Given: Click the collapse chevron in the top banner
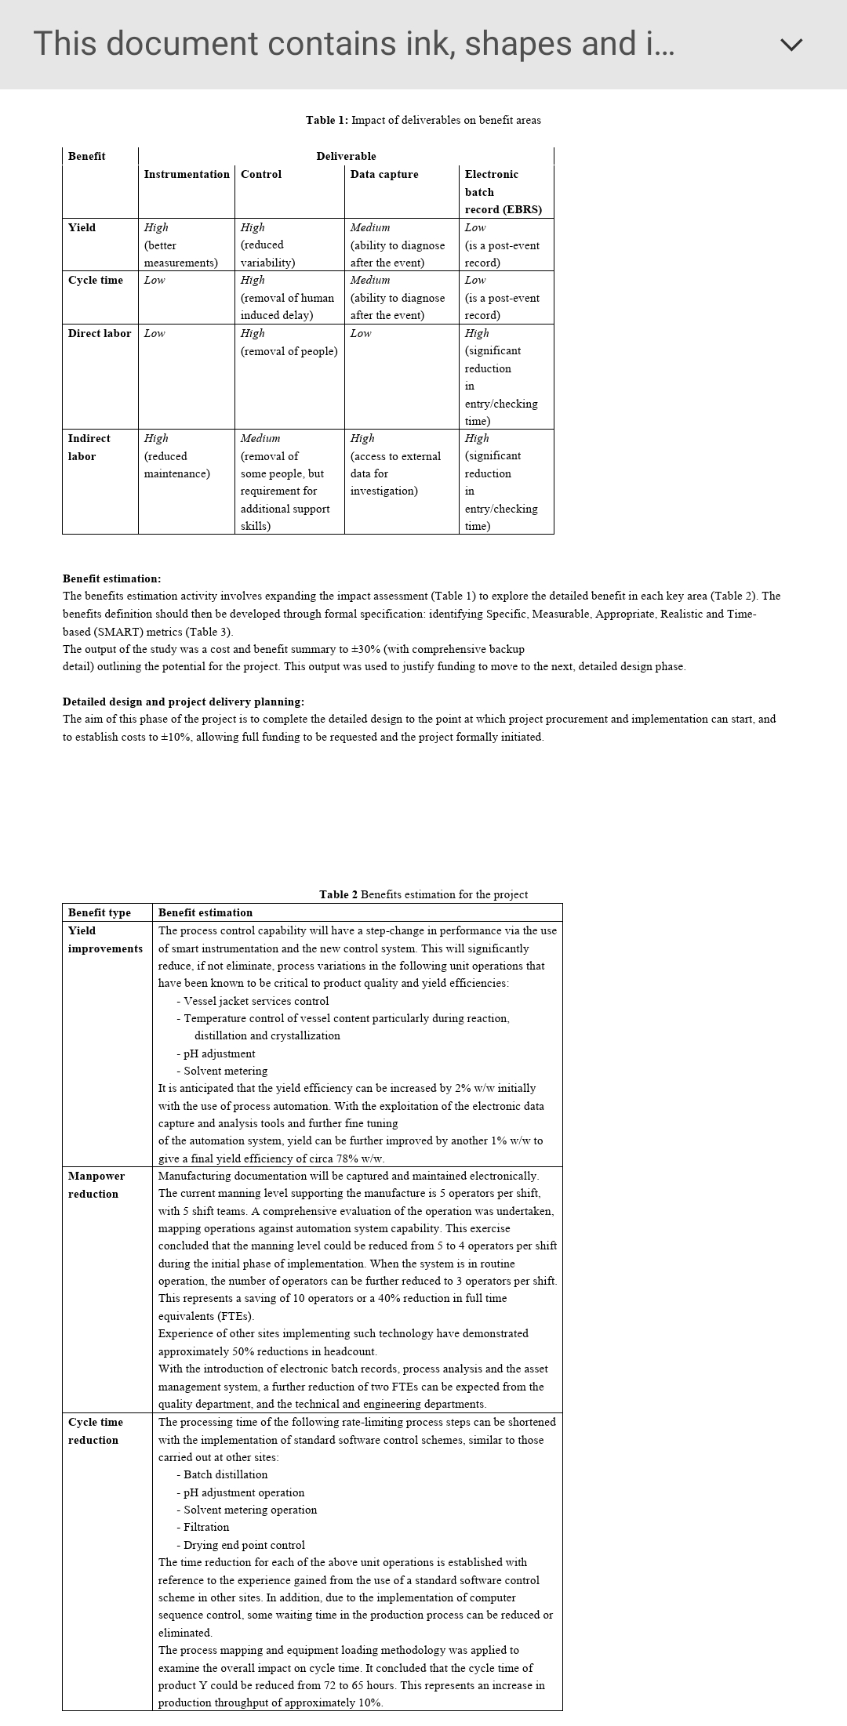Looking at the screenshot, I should pyautogui.click(x=792, y=45).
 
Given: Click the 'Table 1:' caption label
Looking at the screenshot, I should pyautogui.click(x=327, y=120).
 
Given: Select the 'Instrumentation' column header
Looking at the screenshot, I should pyautogui.click(x=187, y=174).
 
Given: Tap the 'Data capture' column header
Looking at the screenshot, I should pyautogui.click(x=384, y=174).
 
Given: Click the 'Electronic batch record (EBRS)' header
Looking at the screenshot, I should pyautogui.click(x=503, y=192).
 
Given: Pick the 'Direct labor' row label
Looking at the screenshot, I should pyautogui.click(x=100, y=333).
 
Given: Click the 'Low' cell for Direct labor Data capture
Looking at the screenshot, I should pyautogui.click(x=361, y=333).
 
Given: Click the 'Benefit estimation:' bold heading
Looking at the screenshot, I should pyautogui.click(x=111, y=578).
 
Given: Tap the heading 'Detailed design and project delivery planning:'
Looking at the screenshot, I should pyautogui.click(x=184, y=702).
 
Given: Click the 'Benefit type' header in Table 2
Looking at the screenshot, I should pyautogui.click(x=100, y=912).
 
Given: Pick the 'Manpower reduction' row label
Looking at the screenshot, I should pyautogui.click(x=96, y=1184).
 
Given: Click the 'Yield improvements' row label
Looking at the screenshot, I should pyautogui.click(x=105, y=939).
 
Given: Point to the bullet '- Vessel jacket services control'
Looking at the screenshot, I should pyautogui.click(x=253, y=1001).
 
